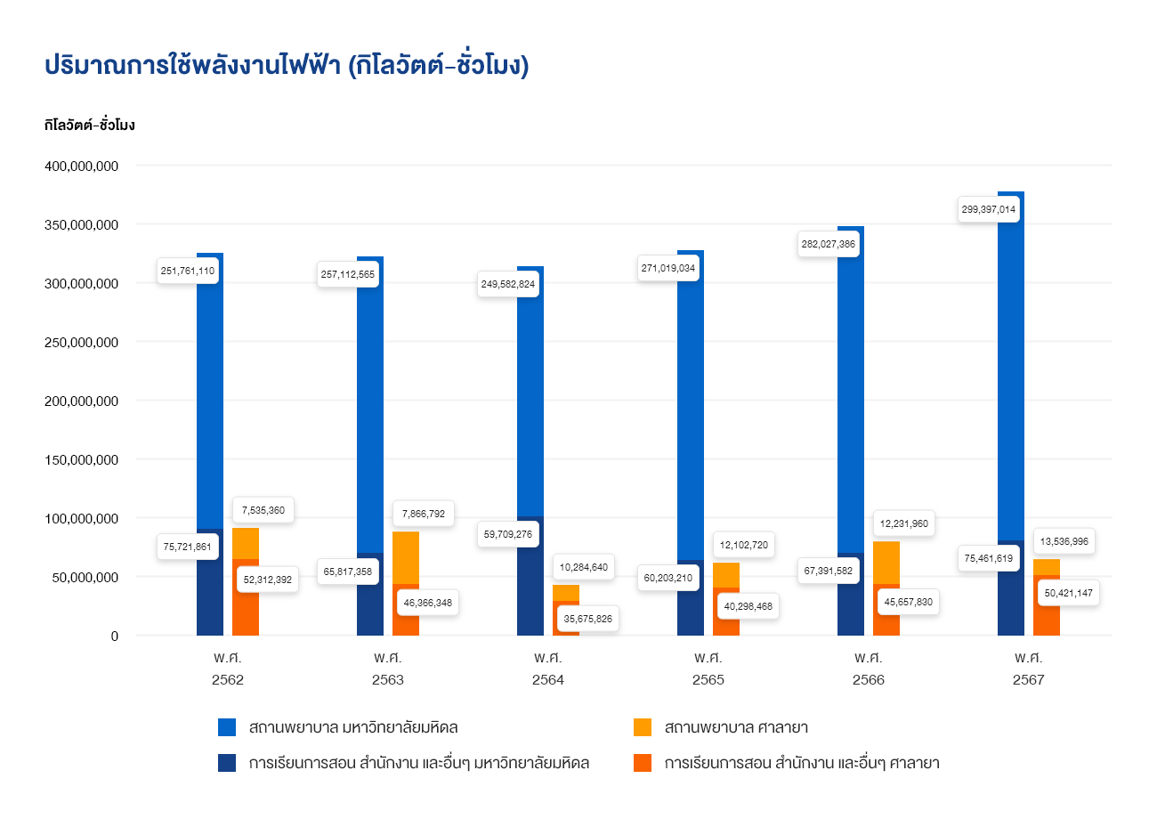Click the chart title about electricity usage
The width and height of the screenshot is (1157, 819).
[286, 66]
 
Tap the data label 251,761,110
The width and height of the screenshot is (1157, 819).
[187, 271]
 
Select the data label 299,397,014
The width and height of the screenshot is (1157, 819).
[988, 210]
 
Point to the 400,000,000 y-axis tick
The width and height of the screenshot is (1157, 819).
[80, 166]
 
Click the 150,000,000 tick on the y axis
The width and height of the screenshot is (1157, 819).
[80, 460]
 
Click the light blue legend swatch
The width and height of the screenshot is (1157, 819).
[227, 727]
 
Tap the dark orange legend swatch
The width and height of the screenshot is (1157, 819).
[643, 763]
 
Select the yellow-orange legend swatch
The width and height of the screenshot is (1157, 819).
[643, 727]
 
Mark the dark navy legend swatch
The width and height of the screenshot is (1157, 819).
[227, 763]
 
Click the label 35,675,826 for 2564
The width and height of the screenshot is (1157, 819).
[587, 619]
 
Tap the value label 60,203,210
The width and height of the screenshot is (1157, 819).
[667, 577]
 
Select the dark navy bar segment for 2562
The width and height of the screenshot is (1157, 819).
[210, 583]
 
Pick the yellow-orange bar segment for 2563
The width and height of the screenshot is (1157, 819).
[406, 557]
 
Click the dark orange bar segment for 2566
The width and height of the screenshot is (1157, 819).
[886, 610]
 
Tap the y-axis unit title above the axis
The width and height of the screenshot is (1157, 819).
[89, 126]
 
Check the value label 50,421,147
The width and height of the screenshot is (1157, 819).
[1068, 593]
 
